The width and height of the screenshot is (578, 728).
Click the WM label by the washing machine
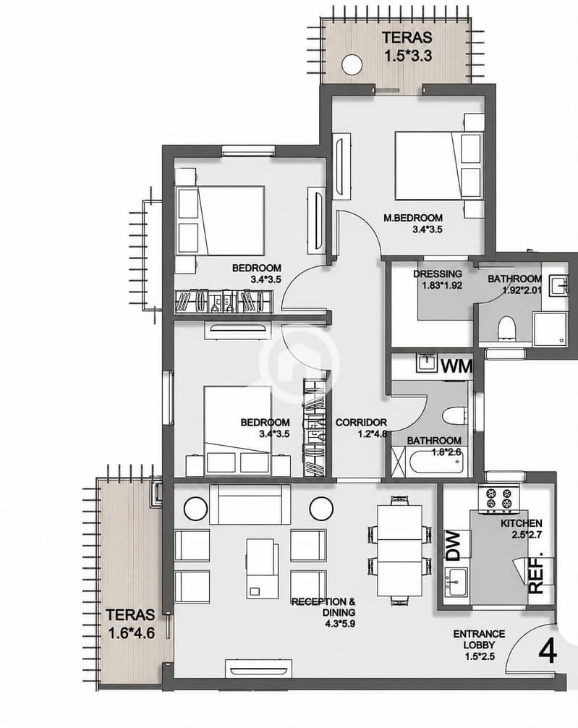(456, 366)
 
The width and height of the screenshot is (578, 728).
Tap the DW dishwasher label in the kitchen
(453, 546)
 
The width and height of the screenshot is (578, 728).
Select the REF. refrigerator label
(536, 574)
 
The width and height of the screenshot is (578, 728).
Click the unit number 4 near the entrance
(548, 652)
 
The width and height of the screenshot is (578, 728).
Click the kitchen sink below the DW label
(456, 580)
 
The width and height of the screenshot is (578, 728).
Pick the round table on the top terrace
(352, 64)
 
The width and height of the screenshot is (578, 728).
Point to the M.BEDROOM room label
(413, 218)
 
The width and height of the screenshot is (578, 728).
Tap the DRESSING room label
(438, 274)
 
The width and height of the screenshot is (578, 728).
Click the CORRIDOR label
(361, 423)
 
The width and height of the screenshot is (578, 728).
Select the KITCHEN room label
(522, 523)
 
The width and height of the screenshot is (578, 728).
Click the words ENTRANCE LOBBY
(479, 639)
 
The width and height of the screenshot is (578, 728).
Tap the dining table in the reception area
(400, 551)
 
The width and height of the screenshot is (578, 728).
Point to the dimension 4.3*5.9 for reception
(340, 624)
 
